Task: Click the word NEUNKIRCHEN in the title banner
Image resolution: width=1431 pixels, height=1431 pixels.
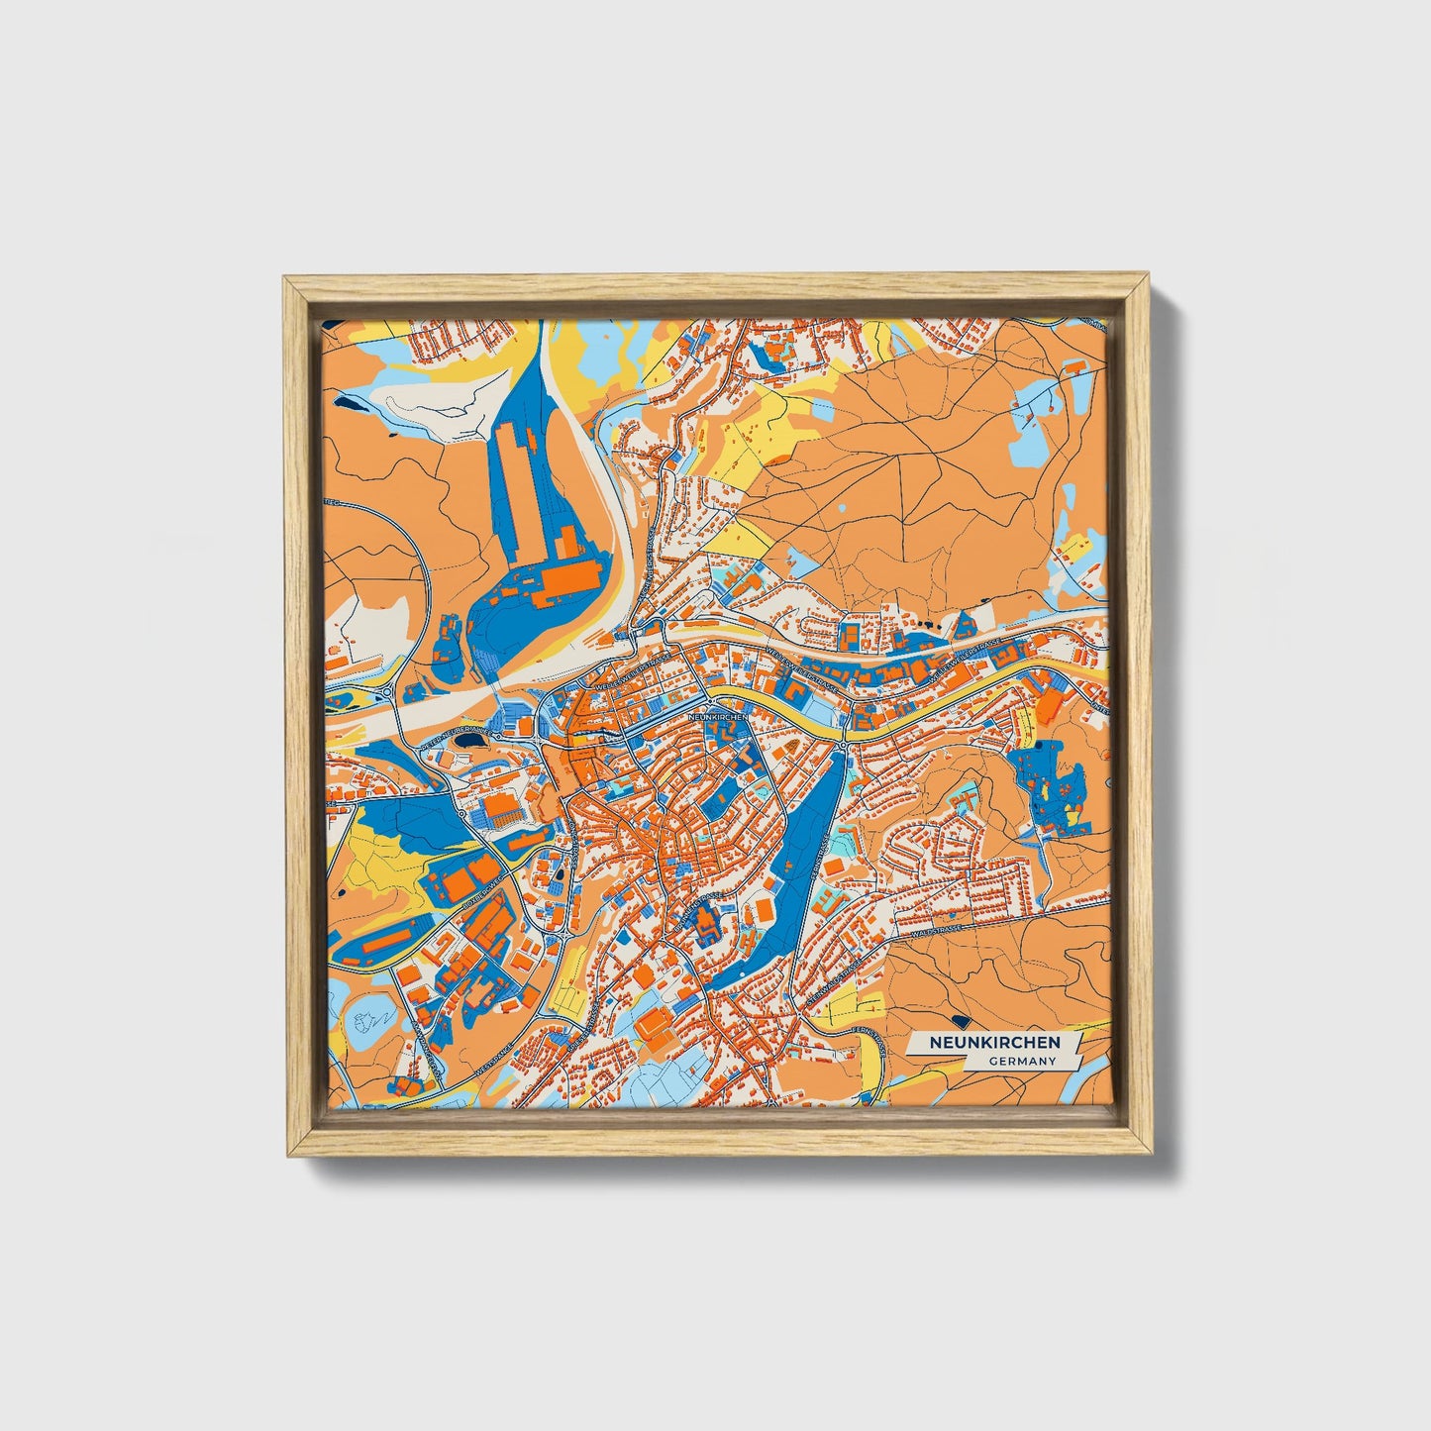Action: [x=993, y=1043]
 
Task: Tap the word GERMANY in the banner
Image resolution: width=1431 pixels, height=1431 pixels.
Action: [x=1021, y=1061]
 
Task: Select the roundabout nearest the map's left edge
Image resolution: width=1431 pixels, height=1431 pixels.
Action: [x=386, y=687]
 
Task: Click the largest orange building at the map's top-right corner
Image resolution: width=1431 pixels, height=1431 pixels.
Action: [x=1072, y=366]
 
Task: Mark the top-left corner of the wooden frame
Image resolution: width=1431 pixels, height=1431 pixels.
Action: [x=285, y=278]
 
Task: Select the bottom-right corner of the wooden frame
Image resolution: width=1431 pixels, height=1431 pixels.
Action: [x=1152, y=1155]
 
